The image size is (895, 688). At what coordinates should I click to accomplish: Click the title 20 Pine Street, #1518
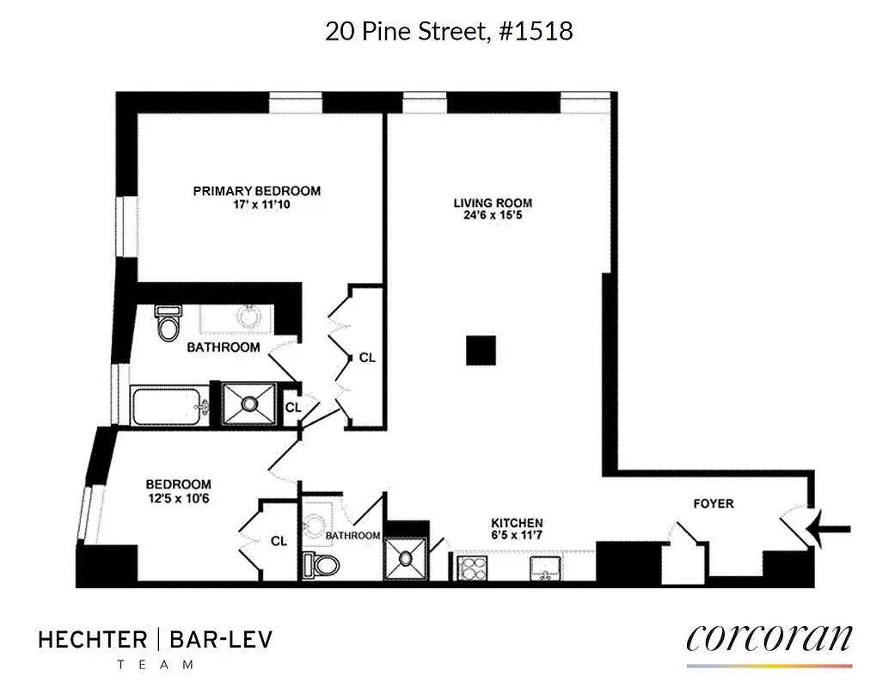click(x=448, y=32)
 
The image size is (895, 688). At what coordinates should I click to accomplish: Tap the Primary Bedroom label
click(x=256, y=191)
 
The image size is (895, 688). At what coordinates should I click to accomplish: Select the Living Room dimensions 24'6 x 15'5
click(x=493, y=216)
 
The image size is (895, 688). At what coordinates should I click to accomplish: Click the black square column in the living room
click(x=481, y=350)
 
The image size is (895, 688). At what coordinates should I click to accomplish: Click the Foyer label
click(x=713, y=503)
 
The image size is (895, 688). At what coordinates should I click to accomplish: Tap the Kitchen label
click(x=516, y=523)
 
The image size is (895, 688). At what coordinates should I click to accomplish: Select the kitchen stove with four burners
click(x=473, y=568)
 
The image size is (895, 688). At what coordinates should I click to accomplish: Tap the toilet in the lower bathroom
click(x=321, y=565)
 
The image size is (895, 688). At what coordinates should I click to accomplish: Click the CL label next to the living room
click(x=367, y=357)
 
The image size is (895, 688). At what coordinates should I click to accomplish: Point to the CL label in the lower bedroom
click(x=279, y=541)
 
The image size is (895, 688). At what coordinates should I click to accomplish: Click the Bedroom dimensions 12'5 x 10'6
click(x=178, y=497)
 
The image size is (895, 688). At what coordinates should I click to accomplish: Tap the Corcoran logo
click(x=769, y=640)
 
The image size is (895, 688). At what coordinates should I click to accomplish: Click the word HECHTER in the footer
click(x=92, y=640)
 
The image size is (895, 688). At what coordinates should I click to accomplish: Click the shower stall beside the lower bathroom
click(x=406, y=559)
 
